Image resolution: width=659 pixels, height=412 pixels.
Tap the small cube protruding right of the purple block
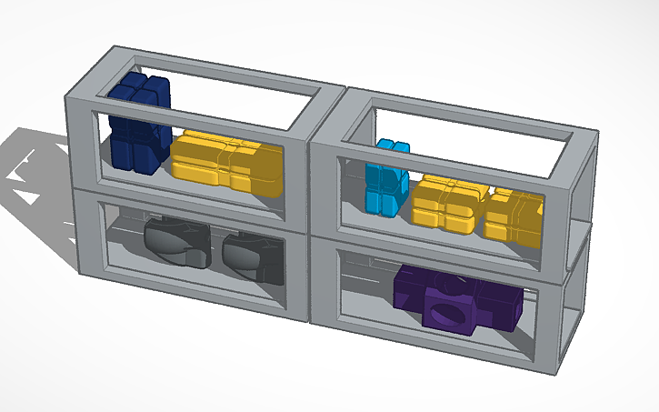(x=504, y=307)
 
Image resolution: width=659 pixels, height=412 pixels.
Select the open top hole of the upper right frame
(x=473, y=150)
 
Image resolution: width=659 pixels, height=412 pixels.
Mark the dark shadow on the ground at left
(x=36, y=182)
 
